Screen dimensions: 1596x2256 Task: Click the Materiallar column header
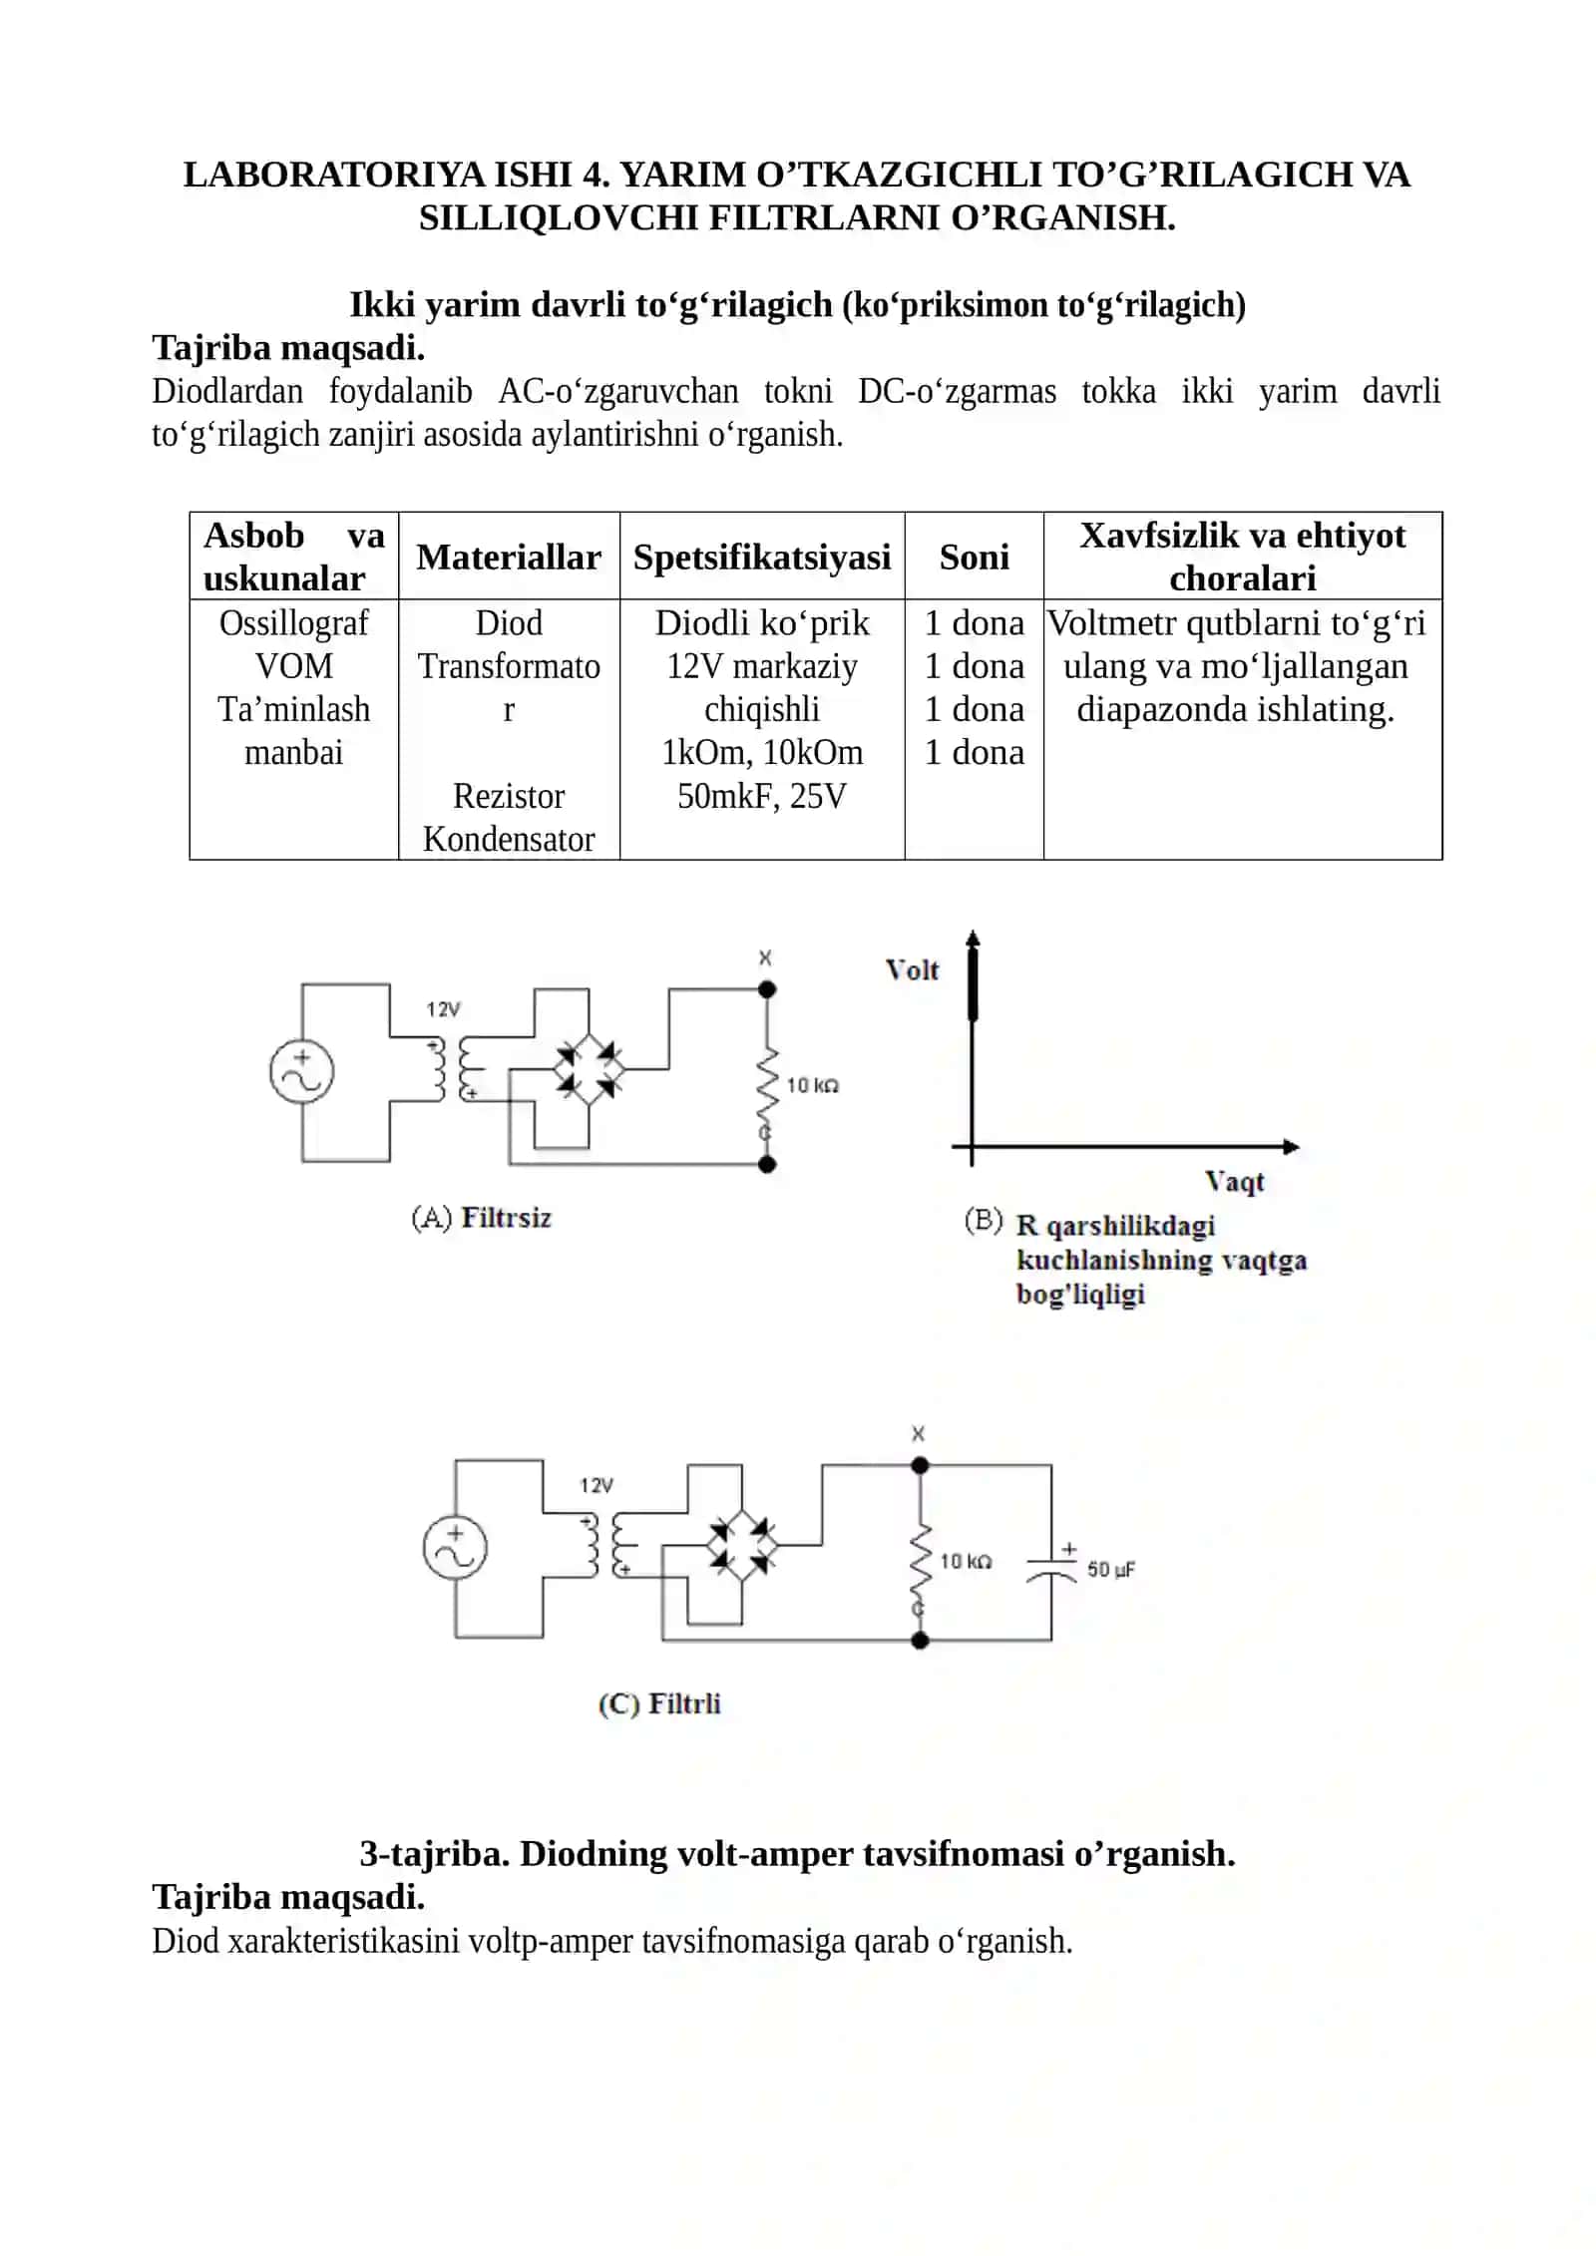coord(509,557)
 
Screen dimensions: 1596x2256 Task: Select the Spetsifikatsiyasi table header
coord(762,557)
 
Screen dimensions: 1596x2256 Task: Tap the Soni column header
coord(974,557)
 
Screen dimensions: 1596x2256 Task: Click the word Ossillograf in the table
coord(293,623)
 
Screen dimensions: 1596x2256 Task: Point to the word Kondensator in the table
coord(509,839)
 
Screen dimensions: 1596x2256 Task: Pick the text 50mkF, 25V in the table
coord(762,796)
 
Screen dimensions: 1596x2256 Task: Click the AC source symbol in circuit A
coord(301,1072)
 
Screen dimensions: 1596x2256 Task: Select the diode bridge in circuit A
coord(590,1069)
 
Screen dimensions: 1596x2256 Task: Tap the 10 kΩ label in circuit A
coord(812,1085)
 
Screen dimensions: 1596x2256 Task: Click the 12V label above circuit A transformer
coord(443,1009)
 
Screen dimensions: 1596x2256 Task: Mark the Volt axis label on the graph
coord(912,969)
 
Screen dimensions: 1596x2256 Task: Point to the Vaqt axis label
coord(1234,1182)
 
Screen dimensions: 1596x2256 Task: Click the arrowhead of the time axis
coord(1292,1147)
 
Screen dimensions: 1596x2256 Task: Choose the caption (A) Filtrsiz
coord(481,1218)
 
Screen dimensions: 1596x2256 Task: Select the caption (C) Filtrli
coord(659,1703)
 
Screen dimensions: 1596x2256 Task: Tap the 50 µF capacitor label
coord(1110,1570)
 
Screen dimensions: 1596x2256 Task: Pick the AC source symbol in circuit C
coord(455,1549)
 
